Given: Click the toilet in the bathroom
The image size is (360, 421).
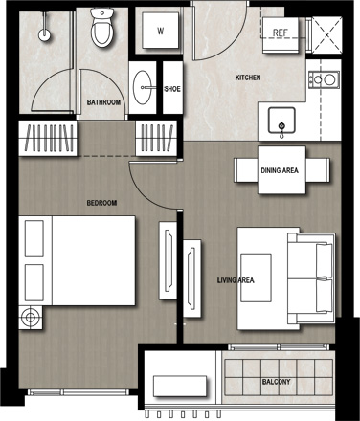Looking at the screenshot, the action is point(102,28).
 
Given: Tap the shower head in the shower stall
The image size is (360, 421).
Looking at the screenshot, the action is point(44,34).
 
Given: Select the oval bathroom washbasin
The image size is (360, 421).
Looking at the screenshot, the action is point(143,87).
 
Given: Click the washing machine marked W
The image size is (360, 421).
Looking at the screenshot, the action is point(160,31).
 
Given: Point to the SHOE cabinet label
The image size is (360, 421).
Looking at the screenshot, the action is point(172,89).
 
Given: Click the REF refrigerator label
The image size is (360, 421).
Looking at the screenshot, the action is point(281,33).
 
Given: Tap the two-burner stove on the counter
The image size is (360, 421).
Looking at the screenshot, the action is point(324,79).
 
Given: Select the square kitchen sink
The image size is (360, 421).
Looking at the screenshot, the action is point(281,120).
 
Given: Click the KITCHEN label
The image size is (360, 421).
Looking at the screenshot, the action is point(248,78).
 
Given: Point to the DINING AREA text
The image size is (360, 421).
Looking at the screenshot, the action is point(280,170).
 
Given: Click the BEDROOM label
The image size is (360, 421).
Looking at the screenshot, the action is point(101,203).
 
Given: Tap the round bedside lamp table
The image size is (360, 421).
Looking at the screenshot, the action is point(31,318).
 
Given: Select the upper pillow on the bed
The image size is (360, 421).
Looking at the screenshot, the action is point(34,238).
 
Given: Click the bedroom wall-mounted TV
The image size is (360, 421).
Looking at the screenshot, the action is point(169,260).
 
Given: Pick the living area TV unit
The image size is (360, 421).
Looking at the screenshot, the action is point(192,278).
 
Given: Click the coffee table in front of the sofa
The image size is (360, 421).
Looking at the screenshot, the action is point(256,277).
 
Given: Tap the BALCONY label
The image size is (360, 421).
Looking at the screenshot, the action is point(277,382).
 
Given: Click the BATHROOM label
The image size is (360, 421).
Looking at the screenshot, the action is point(103,102).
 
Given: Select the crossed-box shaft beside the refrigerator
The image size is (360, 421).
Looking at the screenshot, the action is point(326,35).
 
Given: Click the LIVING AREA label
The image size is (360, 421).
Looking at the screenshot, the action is point(236,280).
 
